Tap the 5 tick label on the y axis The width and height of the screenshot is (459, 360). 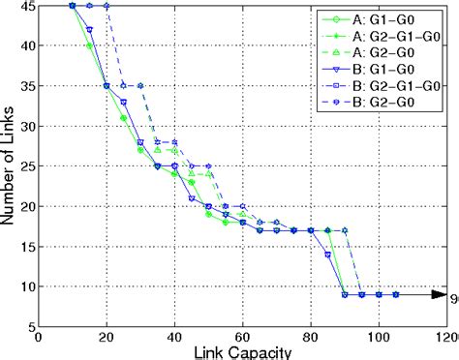point(29,326)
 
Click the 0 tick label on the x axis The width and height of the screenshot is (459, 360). point(39,338)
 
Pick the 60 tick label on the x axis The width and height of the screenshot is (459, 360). point(242,338)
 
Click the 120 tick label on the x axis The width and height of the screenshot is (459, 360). point(444,338)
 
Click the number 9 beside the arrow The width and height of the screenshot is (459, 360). point(453,295)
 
